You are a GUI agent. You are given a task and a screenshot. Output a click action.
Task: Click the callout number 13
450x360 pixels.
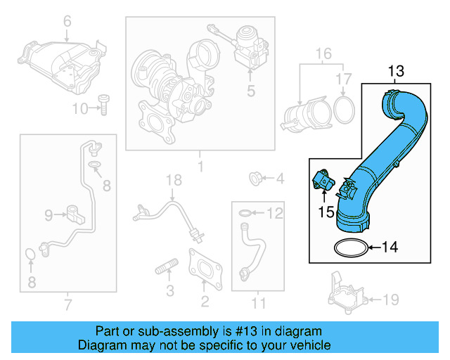[x=397, y=70]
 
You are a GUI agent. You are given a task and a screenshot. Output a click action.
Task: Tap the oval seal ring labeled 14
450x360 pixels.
[x=349, y=247]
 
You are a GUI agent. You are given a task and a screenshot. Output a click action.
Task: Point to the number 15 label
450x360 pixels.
[x=326, y=210]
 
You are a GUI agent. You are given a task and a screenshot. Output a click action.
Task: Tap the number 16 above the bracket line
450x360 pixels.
[x=323, y=54]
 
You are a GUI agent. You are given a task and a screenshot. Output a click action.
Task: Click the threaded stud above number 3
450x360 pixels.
[x=165, y=269]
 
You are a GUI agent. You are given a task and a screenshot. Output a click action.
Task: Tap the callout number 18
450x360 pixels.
[x=169, y=181]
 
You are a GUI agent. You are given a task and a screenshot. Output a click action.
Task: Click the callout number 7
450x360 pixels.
[x=68, y=304]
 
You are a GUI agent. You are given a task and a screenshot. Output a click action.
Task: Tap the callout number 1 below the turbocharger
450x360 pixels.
[x=199, y=167]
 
